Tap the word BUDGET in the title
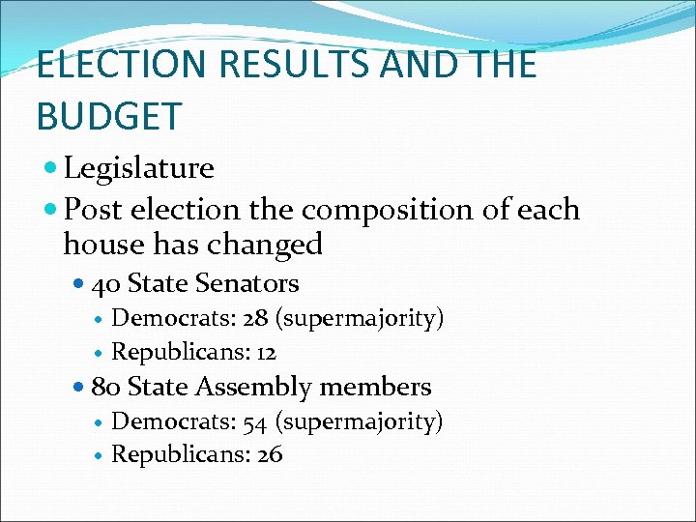[108, 116]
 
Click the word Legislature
[138, 168]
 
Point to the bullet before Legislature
[52, 168]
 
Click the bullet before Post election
[52, 210]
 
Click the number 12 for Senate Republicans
[266, 352]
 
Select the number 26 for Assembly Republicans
[270, 454]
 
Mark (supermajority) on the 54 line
[360, 421]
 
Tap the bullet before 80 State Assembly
[79, 387]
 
